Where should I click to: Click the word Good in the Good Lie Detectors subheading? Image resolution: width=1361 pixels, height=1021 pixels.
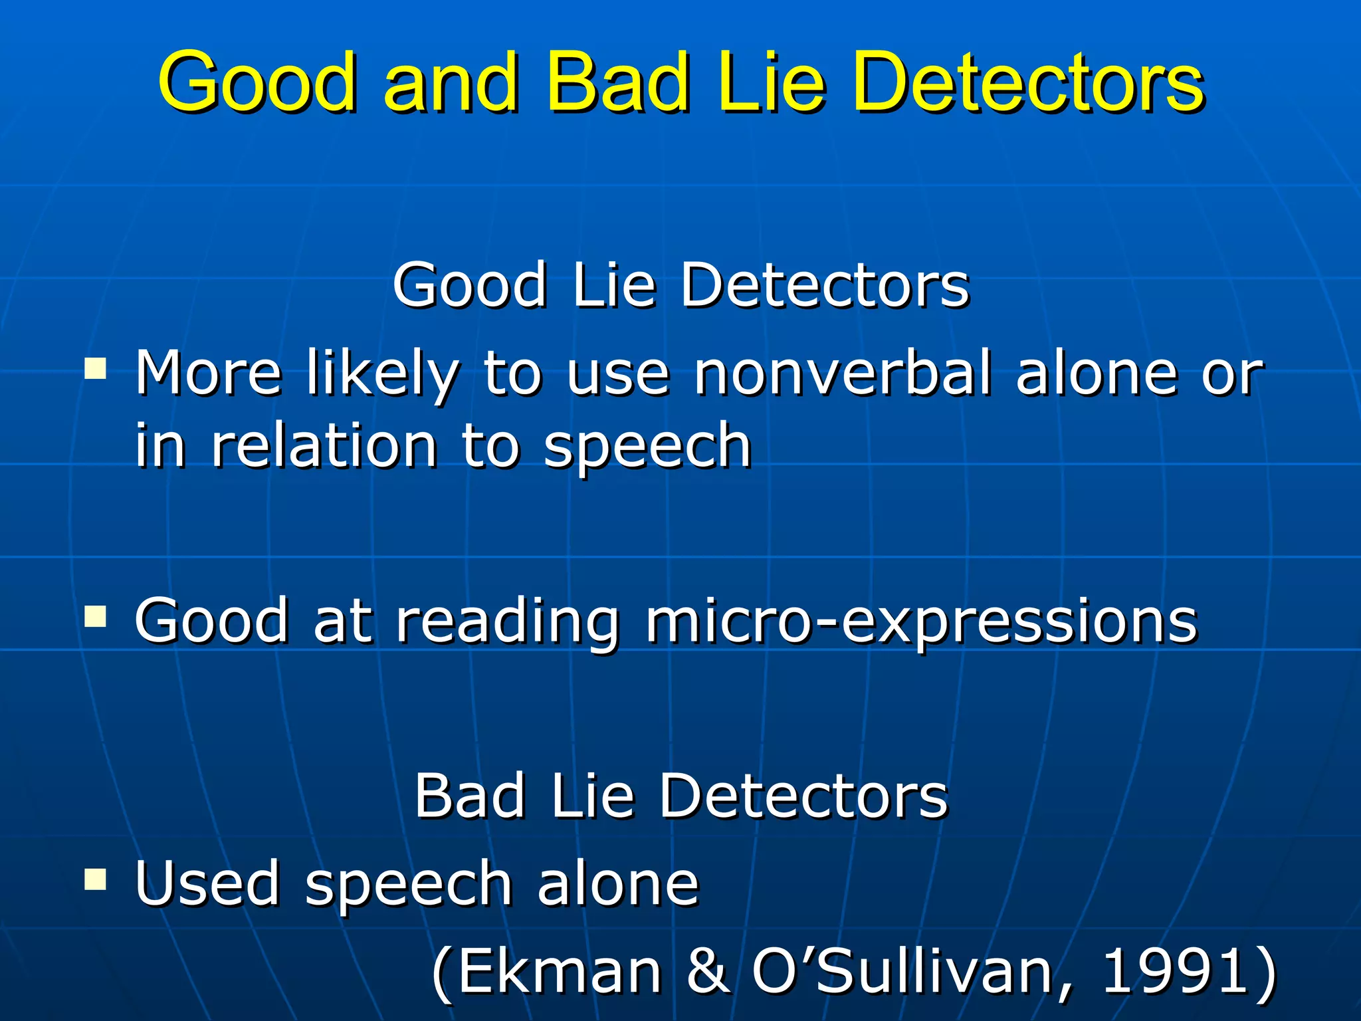[469, 286]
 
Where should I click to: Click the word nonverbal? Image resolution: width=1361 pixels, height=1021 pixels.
[843, 374]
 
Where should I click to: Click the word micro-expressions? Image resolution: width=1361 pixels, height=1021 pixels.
[921, 622]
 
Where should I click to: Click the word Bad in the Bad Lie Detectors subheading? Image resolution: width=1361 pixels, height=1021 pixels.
[469, 796]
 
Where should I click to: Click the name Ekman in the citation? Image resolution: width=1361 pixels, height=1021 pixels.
[560, 971]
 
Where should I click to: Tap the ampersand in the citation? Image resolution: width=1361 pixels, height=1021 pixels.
[708, 971]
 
